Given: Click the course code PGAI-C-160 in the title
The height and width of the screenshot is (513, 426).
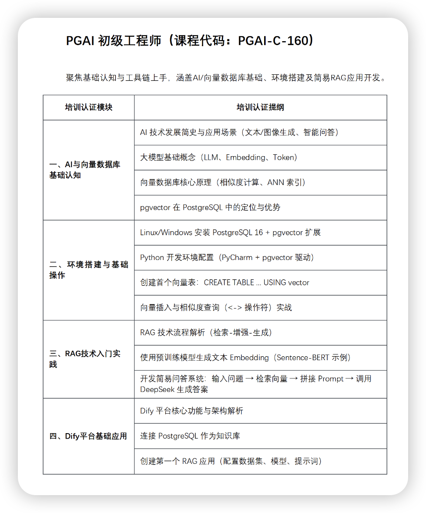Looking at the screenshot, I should (x=273, y=41).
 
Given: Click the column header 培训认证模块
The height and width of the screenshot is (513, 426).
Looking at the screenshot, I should (x=88, y=107).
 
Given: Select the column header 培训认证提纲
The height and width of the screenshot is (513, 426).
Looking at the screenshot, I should (x=260, y=107).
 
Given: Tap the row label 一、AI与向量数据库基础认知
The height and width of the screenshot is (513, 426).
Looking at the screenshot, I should (x=85, y=170).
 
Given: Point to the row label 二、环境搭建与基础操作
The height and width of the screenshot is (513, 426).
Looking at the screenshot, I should (x=88, y=270).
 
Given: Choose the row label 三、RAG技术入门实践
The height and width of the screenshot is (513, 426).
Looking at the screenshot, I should (x=85, y=359).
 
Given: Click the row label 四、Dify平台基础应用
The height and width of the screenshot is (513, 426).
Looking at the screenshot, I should (x=88, y=436).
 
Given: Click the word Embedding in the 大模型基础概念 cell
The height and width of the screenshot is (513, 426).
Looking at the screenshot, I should (x=246, y=157).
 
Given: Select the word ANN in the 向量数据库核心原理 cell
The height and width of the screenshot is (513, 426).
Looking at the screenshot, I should (x=276, y=182).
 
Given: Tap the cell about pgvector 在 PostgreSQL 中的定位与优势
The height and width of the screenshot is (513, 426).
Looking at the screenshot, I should (x=210, y=207).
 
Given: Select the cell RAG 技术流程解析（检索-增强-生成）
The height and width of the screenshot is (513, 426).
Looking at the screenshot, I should (x=206, y=332).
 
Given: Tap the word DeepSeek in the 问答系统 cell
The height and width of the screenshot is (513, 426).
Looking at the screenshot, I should (x=157, y=389).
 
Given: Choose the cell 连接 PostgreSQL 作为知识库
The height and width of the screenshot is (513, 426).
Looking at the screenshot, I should (x=190, y=436).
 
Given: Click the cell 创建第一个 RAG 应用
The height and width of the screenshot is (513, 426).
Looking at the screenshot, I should (x=231, y=461).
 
